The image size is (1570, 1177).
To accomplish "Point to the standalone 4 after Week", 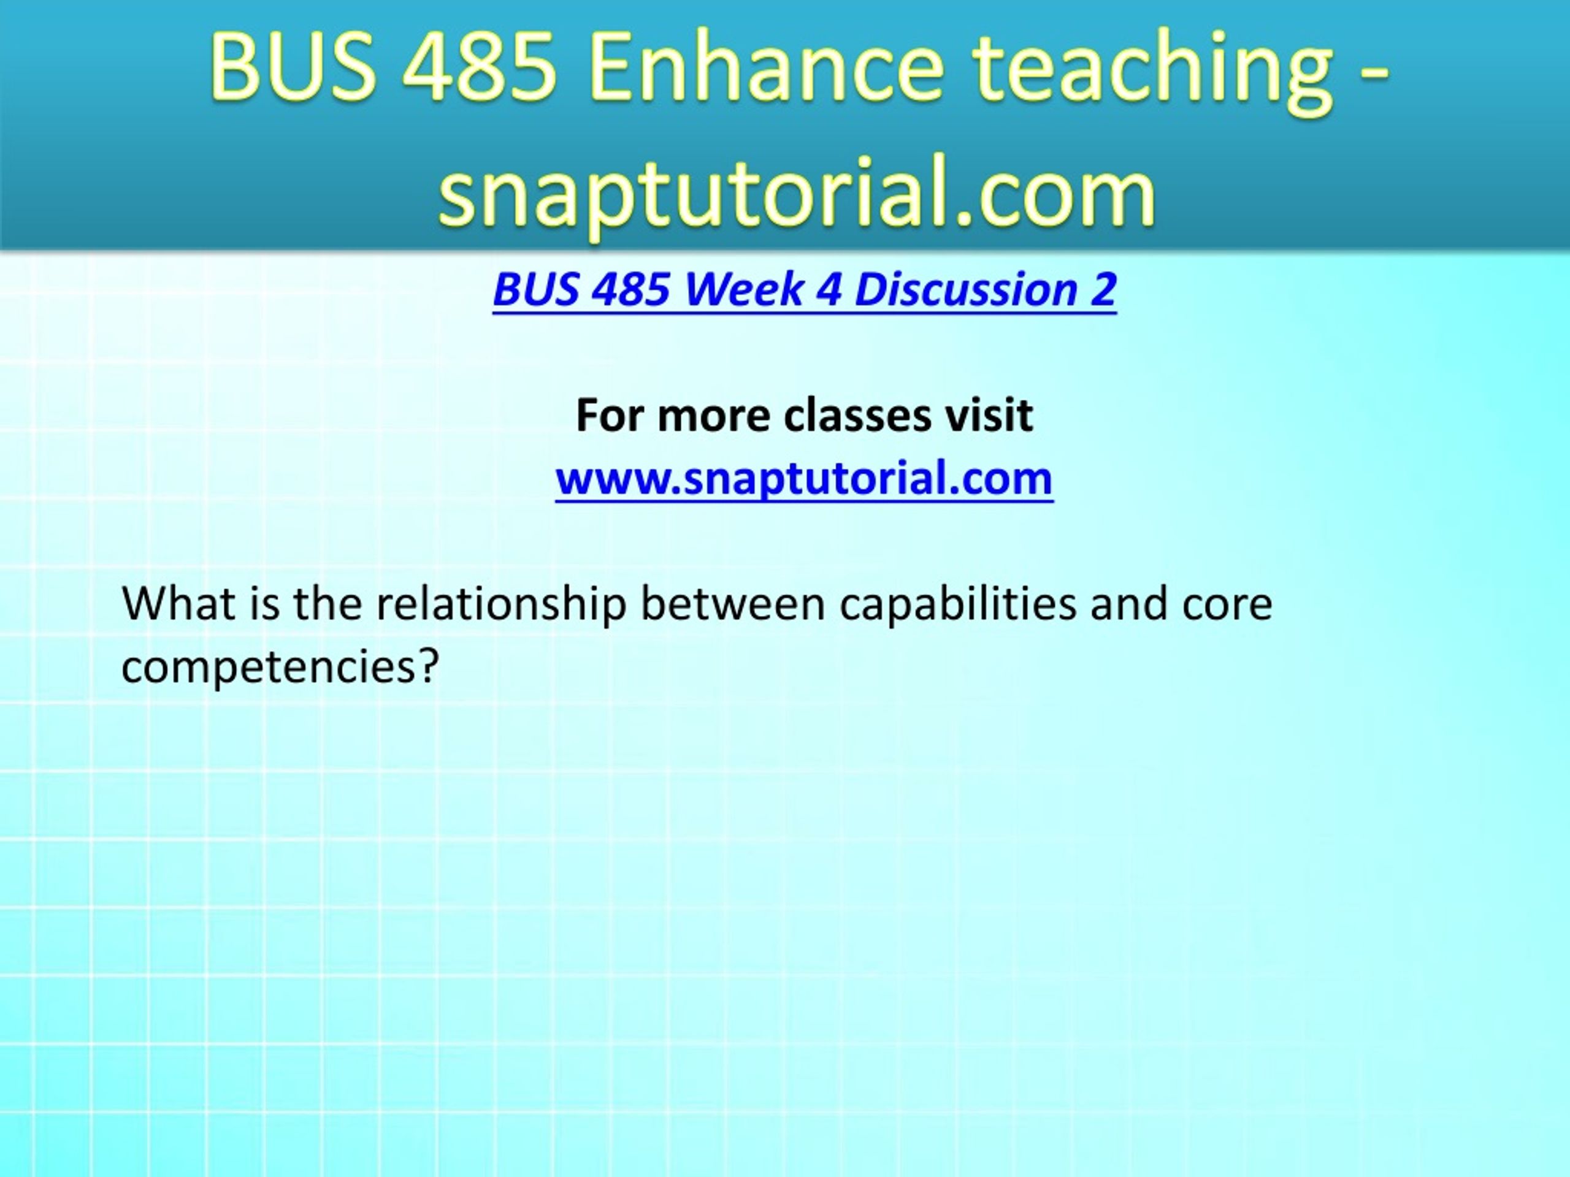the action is [x=829, y=289].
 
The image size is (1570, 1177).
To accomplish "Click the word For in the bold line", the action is [x=610, y=415].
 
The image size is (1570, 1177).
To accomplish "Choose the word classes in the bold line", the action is [x=857, y=415].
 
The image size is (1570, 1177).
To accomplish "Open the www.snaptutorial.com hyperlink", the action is [x=804, y=478].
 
